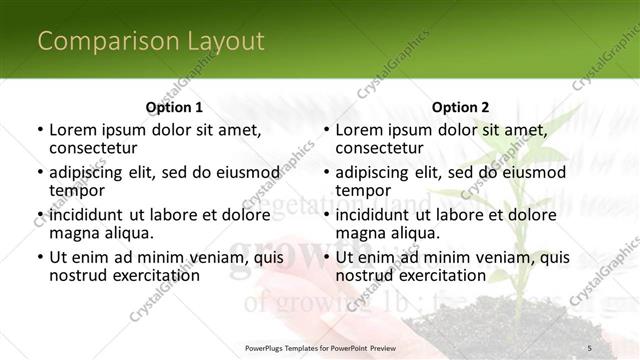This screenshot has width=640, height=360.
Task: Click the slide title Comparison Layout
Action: tap(151, 41)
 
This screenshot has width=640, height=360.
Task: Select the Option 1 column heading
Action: tap(174, 107)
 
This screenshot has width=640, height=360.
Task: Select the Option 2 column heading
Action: tap(460, 107)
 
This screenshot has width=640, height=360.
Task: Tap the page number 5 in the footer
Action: tap(590, 347)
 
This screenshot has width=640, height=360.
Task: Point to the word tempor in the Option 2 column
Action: tap(362, 190)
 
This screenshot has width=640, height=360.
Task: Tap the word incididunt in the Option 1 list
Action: tap(88, 215)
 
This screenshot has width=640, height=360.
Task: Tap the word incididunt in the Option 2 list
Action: tap(375, 215)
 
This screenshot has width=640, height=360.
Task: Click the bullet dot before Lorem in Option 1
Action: tap(39, 130)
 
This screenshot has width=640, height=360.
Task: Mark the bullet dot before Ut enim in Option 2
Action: tap(326, 258)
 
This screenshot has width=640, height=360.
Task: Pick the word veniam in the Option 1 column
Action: tap(205, 257)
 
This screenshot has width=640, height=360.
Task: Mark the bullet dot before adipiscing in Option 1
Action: tap(39, 173)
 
